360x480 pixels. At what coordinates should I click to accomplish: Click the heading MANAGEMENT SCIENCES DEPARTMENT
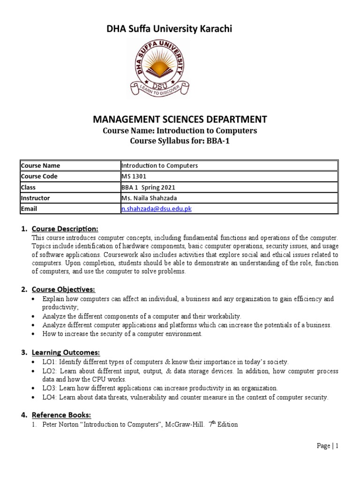click(x=180, y=120)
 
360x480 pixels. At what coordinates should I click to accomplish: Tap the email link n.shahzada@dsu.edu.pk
click(x=157, y=209)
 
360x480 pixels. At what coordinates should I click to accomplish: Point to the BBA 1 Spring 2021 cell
click(x=144, y=187)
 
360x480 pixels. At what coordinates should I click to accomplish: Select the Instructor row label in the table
click(x=35, y=198)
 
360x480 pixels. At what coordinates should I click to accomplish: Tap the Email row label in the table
click(x=29, y=209)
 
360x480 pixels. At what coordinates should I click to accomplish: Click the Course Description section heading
click(x=65, y=229)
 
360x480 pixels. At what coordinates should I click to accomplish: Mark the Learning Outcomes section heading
click(x=66, y=352)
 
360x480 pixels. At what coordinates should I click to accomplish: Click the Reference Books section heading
click(x=61, y=415)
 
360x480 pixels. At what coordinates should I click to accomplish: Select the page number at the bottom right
click(x=328, y=446)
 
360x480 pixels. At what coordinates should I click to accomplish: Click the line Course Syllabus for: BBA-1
click(x=180, y=142)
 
